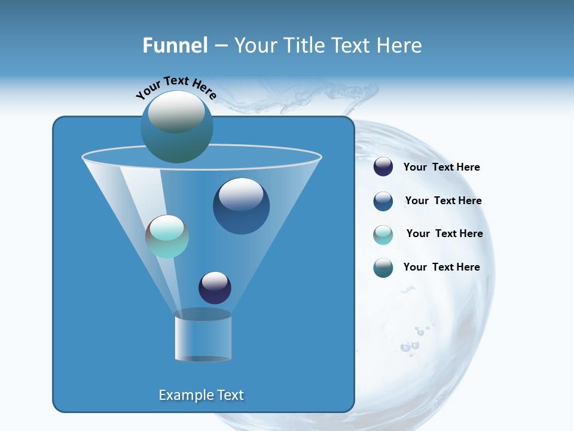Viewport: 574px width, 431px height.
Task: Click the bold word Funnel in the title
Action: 175,45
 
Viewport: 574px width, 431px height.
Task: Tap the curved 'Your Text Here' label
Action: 176,87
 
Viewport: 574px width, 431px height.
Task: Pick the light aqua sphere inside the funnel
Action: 167,237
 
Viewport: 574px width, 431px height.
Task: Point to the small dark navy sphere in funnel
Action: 215,288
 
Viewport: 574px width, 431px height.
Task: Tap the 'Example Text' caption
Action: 201,395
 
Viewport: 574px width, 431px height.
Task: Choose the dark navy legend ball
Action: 383,167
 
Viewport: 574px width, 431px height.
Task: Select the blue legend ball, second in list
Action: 383,201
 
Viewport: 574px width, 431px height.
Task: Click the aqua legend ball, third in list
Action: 383,235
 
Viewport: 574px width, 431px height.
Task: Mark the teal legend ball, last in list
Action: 383,268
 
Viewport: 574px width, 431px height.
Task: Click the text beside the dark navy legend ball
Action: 441,167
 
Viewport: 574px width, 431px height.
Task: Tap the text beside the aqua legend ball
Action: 444,233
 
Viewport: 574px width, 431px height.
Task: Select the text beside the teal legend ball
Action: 441,267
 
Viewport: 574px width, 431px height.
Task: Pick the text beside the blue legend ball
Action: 443,201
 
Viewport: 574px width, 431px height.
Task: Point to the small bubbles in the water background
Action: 410,346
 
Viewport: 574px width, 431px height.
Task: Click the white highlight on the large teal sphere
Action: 176,112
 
